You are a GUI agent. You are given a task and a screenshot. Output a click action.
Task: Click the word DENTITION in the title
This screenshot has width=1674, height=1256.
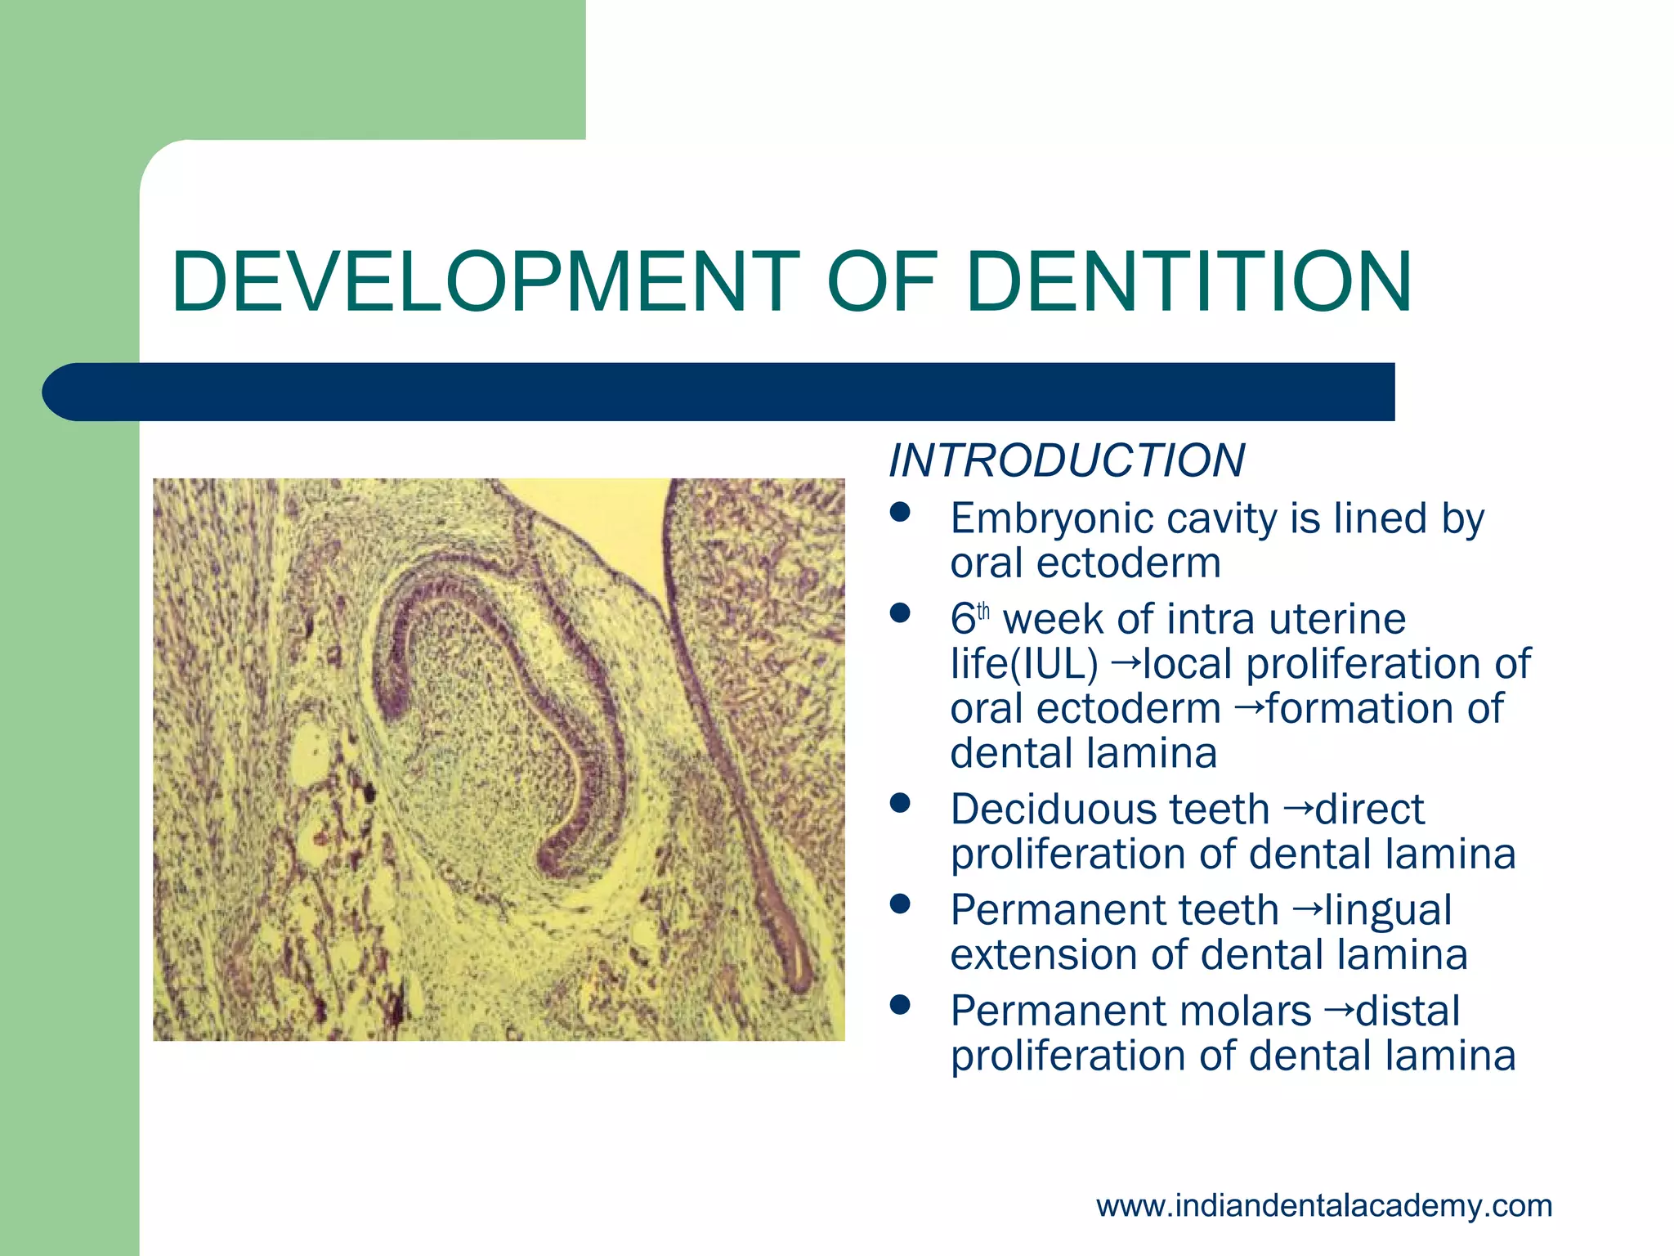[x=1188, y=282]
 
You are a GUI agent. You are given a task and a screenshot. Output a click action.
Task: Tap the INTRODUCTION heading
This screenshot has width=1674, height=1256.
[x=1067, y=460]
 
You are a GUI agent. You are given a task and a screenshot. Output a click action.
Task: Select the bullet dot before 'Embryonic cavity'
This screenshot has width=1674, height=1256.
[x=900, y=513]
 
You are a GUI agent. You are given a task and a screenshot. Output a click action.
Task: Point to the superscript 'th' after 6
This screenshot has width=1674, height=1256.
[x=983, y=611]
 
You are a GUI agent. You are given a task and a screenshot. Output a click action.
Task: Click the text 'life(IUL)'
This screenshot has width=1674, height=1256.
[x=1023, y=664]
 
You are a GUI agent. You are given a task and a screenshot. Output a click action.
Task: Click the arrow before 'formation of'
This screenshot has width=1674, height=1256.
[x=1248, y=706]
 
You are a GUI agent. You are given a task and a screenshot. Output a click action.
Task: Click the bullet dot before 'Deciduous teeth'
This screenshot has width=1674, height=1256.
[x=900, y=803]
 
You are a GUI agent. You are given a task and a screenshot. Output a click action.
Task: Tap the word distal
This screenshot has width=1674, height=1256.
[x=1408, y=1012]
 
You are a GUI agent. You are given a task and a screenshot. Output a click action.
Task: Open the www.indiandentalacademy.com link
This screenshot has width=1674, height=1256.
[x=1323, y=1206]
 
